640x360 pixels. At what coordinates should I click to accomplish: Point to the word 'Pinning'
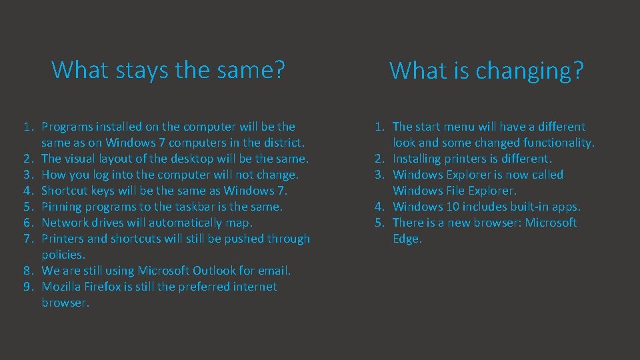pyautogui.click(x=63, y=207)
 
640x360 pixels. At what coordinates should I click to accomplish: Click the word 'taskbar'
pyautogui.click(x=183, y=207)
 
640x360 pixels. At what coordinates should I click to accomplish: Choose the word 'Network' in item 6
pyautogui.click(x=66, y=223)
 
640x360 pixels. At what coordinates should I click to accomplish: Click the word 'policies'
pyautogui.click(x=63, y=255)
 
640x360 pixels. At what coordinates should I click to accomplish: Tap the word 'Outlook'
pyautogui.click(x=215, y=271)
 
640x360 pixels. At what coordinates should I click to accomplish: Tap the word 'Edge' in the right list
pyautogui.click(x=406, y=239)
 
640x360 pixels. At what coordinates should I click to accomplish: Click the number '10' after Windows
pyautogui.click(x=449, y=207)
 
